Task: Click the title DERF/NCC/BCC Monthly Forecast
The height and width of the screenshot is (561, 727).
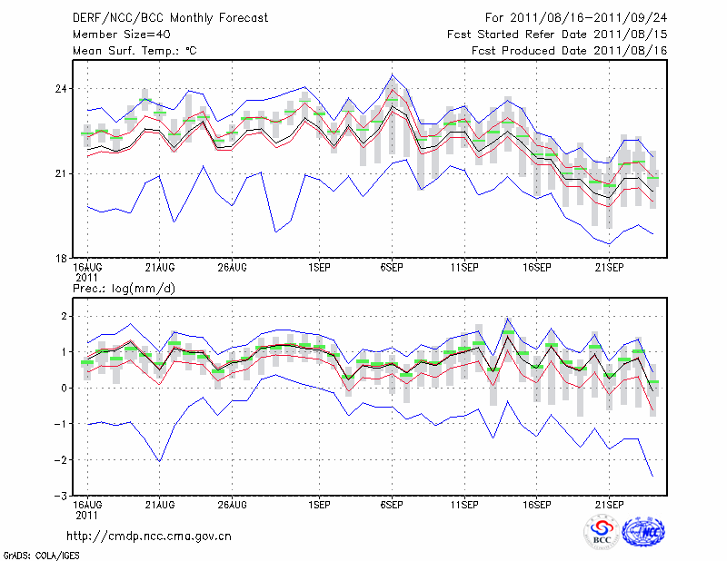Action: pyautogui.click(x=169, y=18)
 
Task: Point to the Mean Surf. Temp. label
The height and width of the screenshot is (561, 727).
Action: pyautogui.click(x=134, y=51)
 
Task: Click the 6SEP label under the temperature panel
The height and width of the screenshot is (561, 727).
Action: pyautogui.click(x=392, y=268)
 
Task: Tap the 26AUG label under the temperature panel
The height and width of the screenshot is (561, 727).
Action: pyautogui.click(x=233, y=268)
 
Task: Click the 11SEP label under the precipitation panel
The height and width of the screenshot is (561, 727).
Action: pyautogui.click(x=464, y=504)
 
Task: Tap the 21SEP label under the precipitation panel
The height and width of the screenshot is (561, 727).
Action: pyautogui.click(x=610, y=504)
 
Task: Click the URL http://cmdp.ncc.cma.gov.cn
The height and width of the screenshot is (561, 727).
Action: pyautogui.click(x=149, y=536)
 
